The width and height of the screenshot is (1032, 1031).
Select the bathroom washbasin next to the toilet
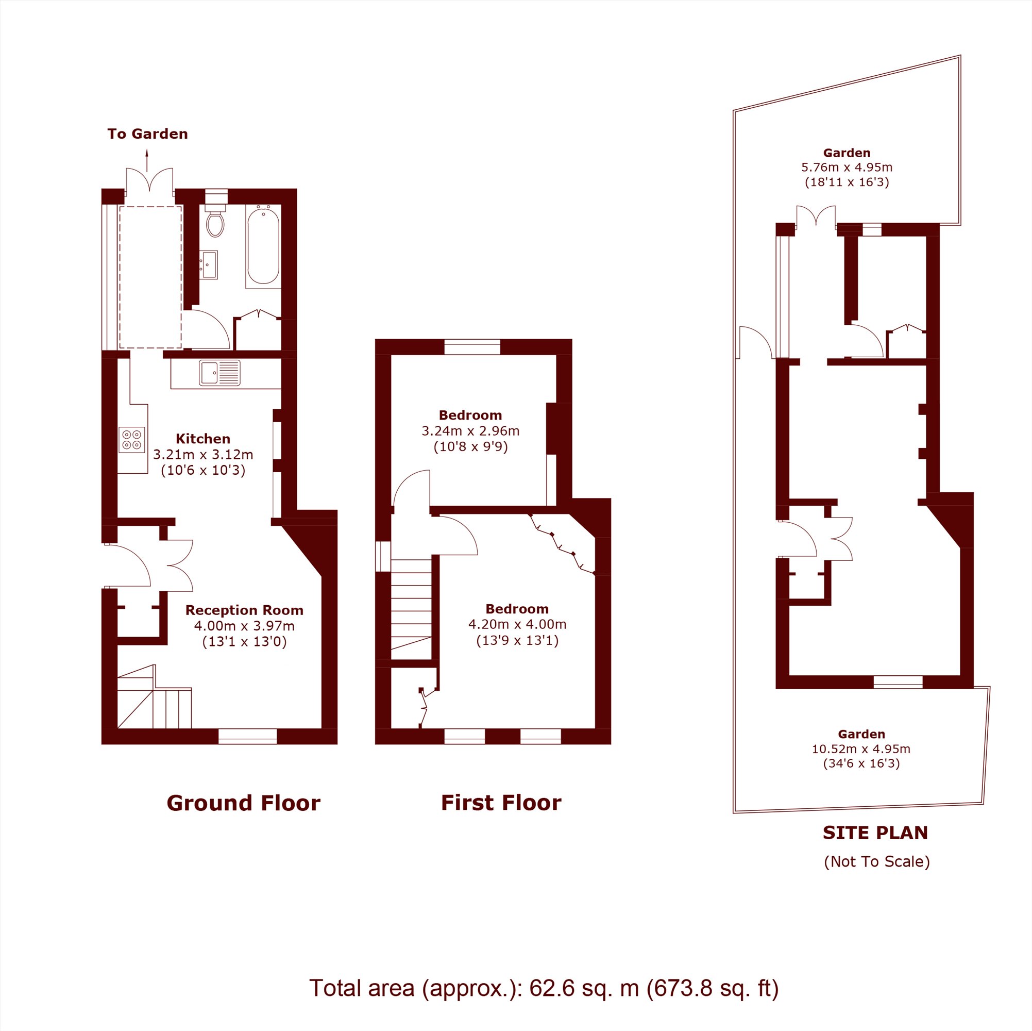[x=209, y=264]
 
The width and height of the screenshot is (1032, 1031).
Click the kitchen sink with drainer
[x=220, y=373]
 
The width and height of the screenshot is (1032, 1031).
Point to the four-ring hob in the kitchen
[x=132, y=439]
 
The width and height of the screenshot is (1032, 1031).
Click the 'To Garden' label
[x=147, y=134]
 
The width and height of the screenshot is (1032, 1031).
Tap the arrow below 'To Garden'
[x=147, y=160]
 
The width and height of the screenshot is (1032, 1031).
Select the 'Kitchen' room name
[x=203, y=439]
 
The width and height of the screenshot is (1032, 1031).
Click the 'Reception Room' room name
[x=244, y=610]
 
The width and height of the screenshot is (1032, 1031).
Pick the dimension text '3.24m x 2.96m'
[x=470, y=431]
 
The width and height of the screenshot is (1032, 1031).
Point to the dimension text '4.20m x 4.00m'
[x=517, y=624]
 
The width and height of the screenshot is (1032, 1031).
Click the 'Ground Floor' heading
[x=244, y=803]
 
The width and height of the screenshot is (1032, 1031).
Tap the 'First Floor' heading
[x=501, y=803]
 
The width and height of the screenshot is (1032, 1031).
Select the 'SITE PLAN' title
[x=875, y=833]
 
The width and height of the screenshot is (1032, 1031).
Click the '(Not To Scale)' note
[x=876, y=861]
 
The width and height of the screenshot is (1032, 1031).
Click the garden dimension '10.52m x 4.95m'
[x=861, y=749]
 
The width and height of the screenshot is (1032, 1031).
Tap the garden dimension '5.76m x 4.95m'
[x=847, y=168]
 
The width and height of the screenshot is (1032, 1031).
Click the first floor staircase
[x=411, y=609]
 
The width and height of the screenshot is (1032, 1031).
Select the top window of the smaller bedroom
[x=472, y=347]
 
